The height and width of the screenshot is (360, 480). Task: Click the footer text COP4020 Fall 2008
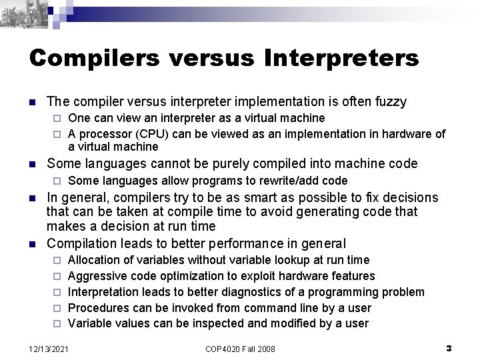pos(240,349)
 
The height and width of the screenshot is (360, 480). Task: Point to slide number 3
pos(449,348)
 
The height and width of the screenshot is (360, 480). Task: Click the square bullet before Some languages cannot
pos(32,165)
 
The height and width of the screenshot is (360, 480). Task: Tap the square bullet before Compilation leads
pos(32,243)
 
